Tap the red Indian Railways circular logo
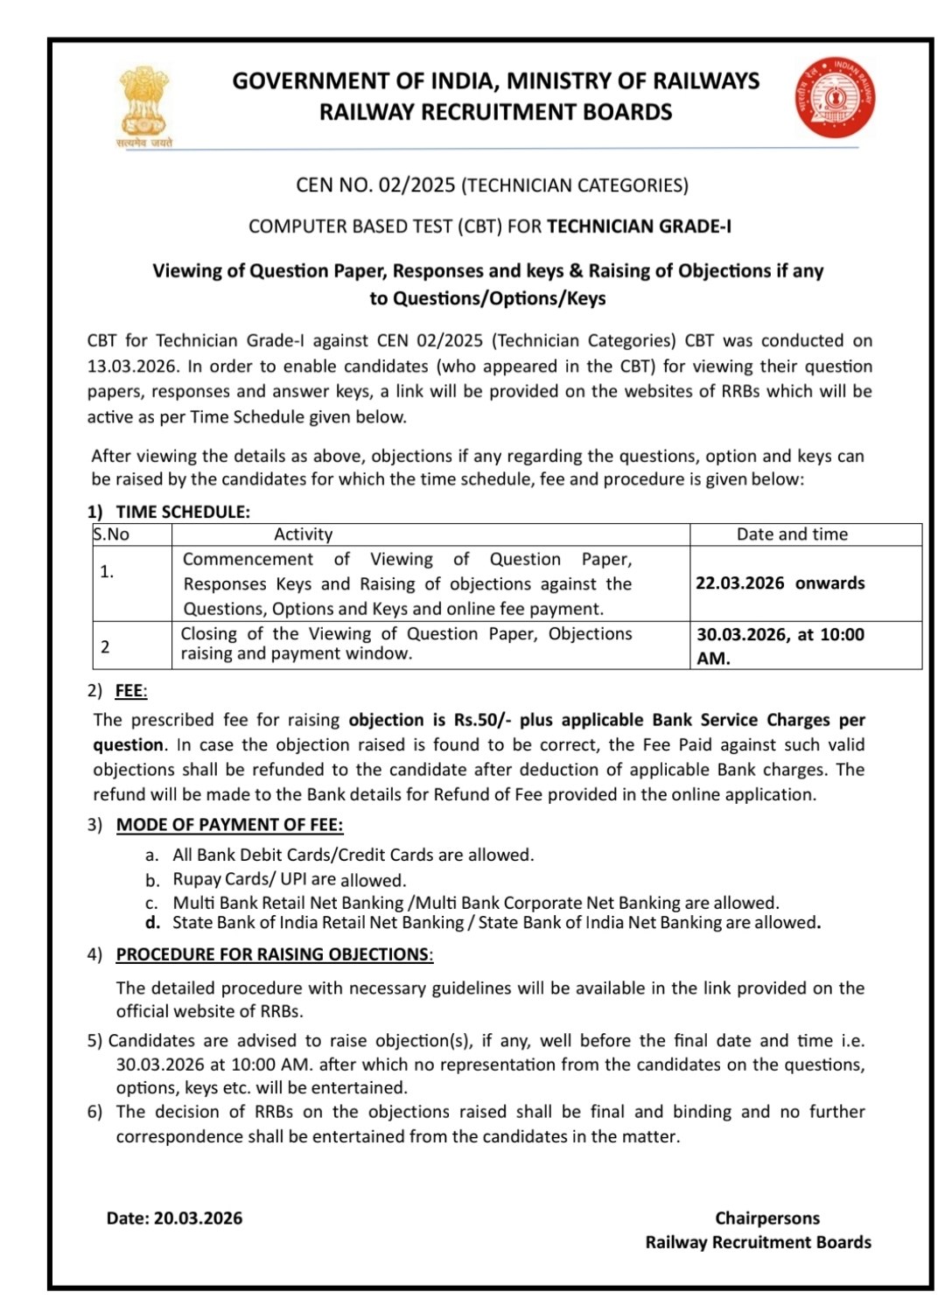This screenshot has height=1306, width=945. [835, 98]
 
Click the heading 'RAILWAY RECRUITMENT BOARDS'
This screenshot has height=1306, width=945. [495, 112]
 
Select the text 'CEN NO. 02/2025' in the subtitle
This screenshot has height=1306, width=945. [375, 185]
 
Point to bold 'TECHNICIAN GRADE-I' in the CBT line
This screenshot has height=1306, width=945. [639, 227]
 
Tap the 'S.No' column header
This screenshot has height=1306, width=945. [111, 534]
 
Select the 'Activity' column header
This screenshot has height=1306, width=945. [303, 534]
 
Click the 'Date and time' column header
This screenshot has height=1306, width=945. [792, 534]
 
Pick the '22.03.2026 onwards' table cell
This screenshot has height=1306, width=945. [780, 583]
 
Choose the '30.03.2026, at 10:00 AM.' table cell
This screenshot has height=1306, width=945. [780, 646]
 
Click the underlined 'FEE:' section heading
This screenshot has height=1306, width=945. [131, 691]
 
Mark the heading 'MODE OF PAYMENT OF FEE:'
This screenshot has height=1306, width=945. [229, 825]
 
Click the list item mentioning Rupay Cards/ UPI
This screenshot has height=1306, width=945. [289, 880]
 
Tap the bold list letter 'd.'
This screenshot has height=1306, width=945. [153, 923]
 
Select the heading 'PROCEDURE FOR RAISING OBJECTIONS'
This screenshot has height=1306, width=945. [273, 954]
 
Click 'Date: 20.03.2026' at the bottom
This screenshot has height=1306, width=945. [174, 1219]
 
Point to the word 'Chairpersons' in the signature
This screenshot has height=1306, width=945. [767, 1219]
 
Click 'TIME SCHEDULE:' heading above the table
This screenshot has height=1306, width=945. [183, 512]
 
